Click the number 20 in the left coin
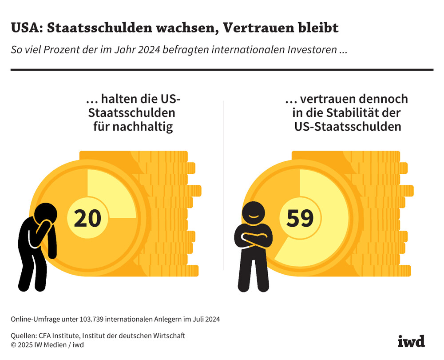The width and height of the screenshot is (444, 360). [x=87, y=218]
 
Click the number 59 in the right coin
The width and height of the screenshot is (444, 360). [x=300, y=218]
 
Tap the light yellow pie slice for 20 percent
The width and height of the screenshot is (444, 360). [x=109, y=191]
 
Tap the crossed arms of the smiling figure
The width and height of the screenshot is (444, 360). [x=254, y=239]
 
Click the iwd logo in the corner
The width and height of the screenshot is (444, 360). [x=411, y=340]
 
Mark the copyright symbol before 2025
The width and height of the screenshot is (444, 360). [x=14, y=344]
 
